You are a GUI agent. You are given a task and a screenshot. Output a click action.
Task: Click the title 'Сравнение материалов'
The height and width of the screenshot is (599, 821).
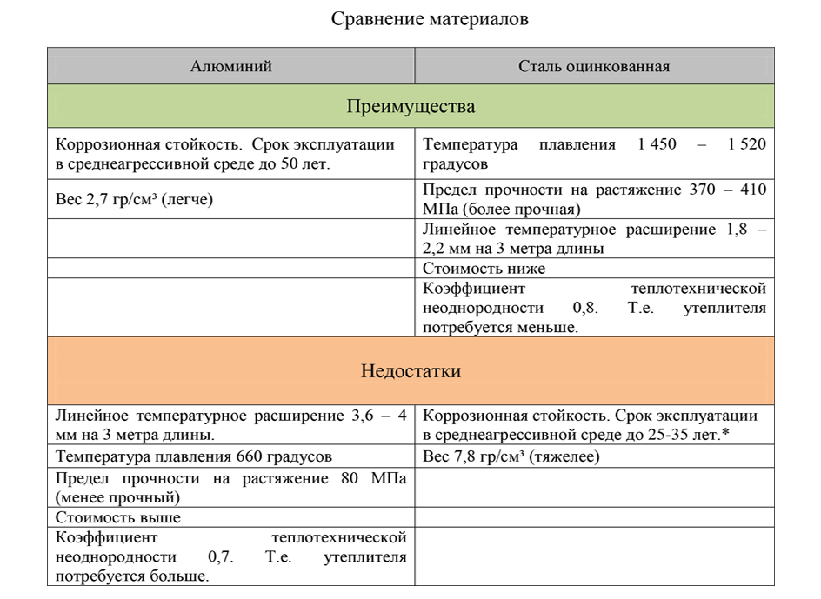coord(430,19)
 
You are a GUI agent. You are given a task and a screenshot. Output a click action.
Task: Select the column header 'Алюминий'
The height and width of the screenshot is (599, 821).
coord(231,66)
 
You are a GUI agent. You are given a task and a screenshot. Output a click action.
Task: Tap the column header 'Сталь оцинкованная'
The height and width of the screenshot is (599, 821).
coord(594,66)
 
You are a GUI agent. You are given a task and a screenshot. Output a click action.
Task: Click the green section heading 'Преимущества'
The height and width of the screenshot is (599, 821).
coord(410,107)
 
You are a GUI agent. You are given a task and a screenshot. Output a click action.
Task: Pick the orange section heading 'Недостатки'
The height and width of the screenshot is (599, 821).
coord(410,371)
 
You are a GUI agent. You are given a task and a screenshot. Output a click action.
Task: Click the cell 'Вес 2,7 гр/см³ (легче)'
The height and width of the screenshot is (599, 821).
coord(134,200)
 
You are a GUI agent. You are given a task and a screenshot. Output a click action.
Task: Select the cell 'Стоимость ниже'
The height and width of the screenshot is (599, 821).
coord(484,269)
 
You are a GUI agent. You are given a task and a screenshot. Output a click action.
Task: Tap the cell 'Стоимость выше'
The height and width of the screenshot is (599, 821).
coord(118,517)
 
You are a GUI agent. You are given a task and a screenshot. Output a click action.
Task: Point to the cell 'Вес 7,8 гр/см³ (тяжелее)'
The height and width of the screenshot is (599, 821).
coord(511,456)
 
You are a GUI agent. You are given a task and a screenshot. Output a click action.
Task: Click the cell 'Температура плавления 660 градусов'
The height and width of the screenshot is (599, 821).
coord(193,456)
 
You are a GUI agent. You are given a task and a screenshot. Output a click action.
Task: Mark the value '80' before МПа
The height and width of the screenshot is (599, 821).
coord(343,479)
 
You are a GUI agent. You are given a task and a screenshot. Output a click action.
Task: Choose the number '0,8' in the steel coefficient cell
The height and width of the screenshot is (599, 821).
coord(584,308)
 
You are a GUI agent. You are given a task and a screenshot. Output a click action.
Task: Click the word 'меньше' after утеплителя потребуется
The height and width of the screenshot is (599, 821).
coord(551,328)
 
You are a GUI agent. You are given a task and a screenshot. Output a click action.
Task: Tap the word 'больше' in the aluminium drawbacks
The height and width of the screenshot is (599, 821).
coord(182,576)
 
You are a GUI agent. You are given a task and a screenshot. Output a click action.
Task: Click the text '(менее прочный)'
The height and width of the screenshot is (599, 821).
coord(117,498)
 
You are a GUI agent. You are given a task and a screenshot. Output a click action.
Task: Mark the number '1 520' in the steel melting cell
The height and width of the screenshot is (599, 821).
coord(746,144)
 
